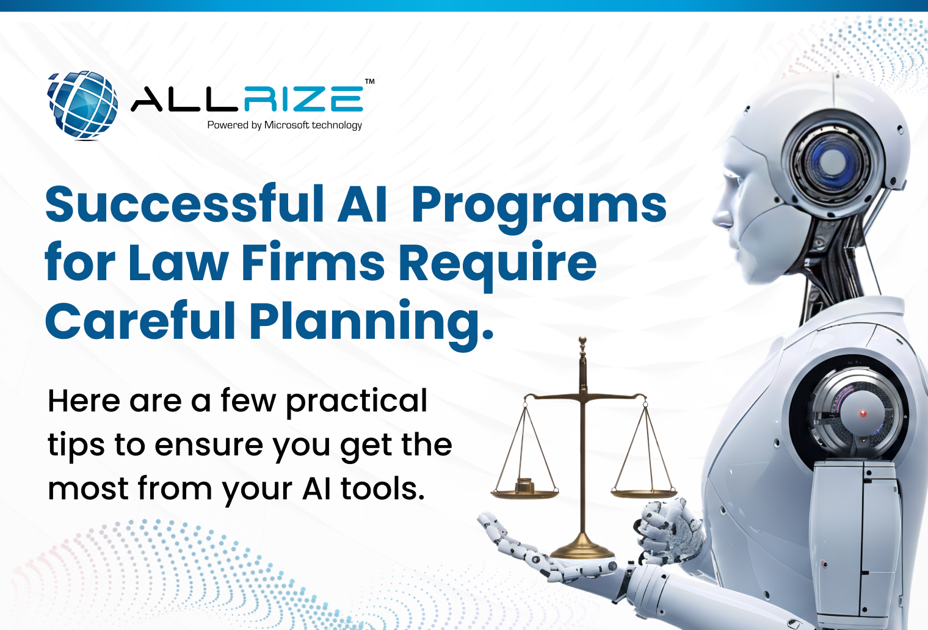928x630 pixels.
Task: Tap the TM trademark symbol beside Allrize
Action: click(369, 81)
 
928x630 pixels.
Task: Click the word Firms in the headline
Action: click(313, 263)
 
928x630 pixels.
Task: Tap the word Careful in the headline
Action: click(140, 321)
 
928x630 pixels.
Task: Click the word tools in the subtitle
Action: click(382, 489)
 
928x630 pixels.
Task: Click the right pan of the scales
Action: click(644, 491)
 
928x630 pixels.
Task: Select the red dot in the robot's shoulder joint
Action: click(863, 413)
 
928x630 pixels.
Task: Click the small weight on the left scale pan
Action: click(524, 485)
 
